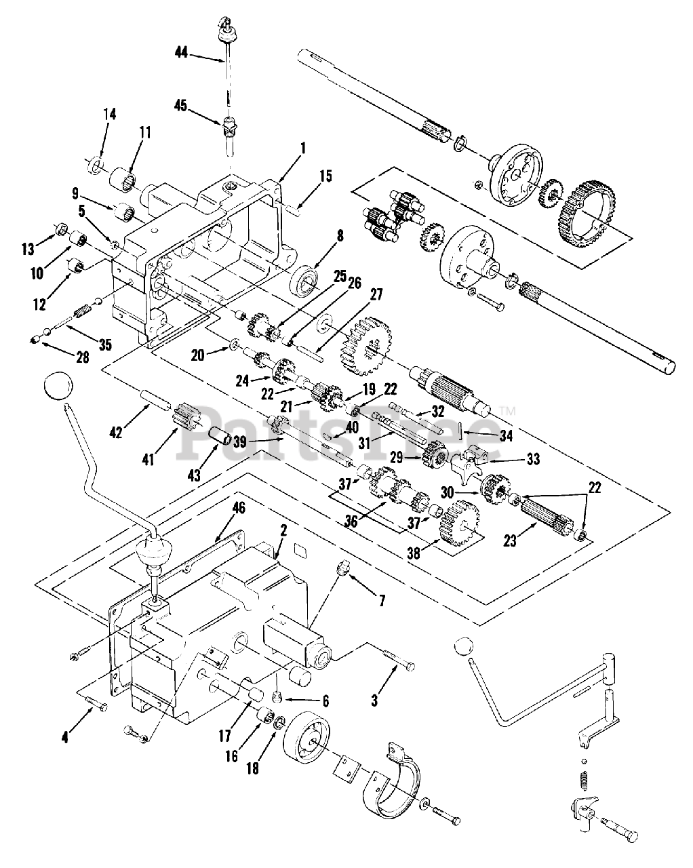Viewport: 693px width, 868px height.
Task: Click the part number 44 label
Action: point(182,52)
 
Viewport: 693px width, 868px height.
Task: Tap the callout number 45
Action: point(181,106)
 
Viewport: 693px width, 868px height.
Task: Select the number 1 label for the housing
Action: point(303,149)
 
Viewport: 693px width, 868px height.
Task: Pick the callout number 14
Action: point(110,114)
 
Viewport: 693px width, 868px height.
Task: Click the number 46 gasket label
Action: point(239,508)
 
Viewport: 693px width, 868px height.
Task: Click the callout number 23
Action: point(510,540)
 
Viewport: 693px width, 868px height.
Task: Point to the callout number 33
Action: point(533,459)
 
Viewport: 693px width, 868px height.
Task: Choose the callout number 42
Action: point(116,433)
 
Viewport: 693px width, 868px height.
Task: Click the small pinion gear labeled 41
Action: point(186,420)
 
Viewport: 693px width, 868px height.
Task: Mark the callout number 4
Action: point(65,738)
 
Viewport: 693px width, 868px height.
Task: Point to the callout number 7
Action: point(382,601)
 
